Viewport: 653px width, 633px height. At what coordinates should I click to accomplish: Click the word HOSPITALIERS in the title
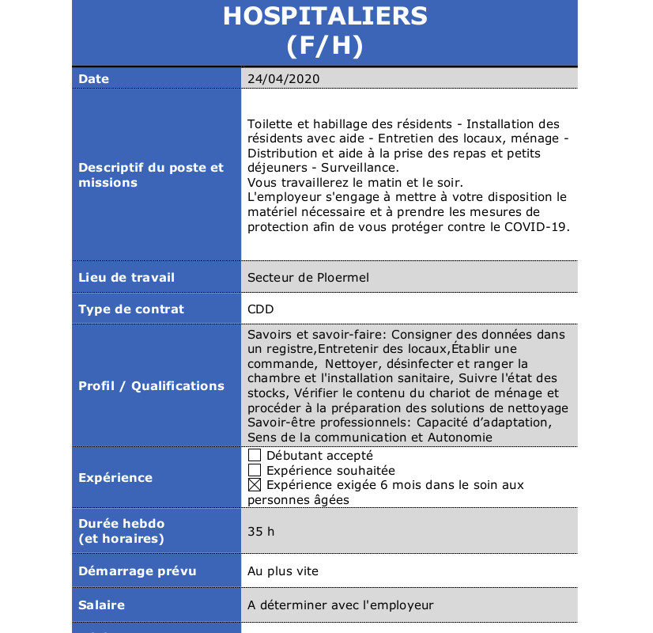325,16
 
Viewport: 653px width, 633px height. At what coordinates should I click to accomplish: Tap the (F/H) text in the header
325,46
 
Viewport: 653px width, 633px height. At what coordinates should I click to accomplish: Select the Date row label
94,79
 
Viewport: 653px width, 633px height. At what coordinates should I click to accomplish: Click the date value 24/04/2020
284,79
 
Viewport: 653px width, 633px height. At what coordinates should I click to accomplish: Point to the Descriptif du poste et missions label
151,175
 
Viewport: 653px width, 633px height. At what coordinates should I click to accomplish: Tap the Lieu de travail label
126,278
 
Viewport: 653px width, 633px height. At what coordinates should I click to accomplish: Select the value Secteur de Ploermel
308,278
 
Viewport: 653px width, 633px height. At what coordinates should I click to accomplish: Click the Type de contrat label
131,309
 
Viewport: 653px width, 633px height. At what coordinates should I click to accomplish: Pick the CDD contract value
261,309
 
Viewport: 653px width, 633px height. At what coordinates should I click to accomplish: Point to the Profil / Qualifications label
151,386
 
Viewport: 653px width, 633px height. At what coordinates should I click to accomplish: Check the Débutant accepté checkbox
255,456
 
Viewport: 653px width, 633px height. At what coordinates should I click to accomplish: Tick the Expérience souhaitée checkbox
255,471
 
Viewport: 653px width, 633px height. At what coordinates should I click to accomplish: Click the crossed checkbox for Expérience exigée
255,485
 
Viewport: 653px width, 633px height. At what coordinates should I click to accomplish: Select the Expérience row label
115,478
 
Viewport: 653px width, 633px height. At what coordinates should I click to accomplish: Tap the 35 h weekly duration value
261,532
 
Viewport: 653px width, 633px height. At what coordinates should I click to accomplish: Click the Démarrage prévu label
138,571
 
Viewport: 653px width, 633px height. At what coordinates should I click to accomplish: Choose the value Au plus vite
283,571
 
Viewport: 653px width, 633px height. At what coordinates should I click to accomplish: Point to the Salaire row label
102,605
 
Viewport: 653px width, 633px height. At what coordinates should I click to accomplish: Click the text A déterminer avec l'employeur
341,605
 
